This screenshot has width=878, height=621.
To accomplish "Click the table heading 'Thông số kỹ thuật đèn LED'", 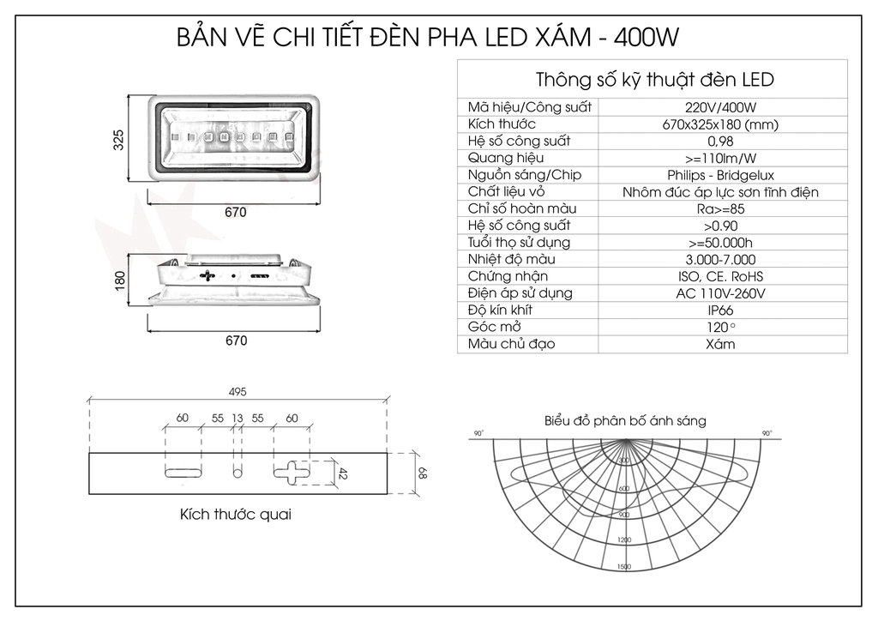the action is [x=654, y=80].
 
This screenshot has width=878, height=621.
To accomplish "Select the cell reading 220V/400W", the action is [x=720, y=107].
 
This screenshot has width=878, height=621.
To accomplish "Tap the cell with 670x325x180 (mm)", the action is [x=720, y=124].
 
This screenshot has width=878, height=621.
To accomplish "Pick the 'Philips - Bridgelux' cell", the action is [x=720, y=175].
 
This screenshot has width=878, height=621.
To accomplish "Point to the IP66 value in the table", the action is [x=720, y=310].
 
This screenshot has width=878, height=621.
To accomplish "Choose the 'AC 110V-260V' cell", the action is [x=720, y=293].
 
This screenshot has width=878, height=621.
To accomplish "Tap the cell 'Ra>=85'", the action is [x=720, y=208].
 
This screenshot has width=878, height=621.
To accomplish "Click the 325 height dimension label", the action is [x=119, y=140].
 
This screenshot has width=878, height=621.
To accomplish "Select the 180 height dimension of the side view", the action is [x=119, y=280].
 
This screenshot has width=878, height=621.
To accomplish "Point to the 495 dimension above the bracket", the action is [x=238, y=392].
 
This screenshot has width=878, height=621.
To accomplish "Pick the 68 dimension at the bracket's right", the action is [x=422, y=472].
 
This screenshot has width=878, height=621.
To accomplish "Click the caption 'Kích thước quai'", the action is [x=235, y=515].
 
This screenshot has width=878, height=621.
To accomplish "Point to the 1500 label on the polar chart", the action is [x=623, y=567].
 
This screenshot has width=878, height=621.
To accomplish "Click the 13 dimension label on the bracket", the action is [x=238, y=418].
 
